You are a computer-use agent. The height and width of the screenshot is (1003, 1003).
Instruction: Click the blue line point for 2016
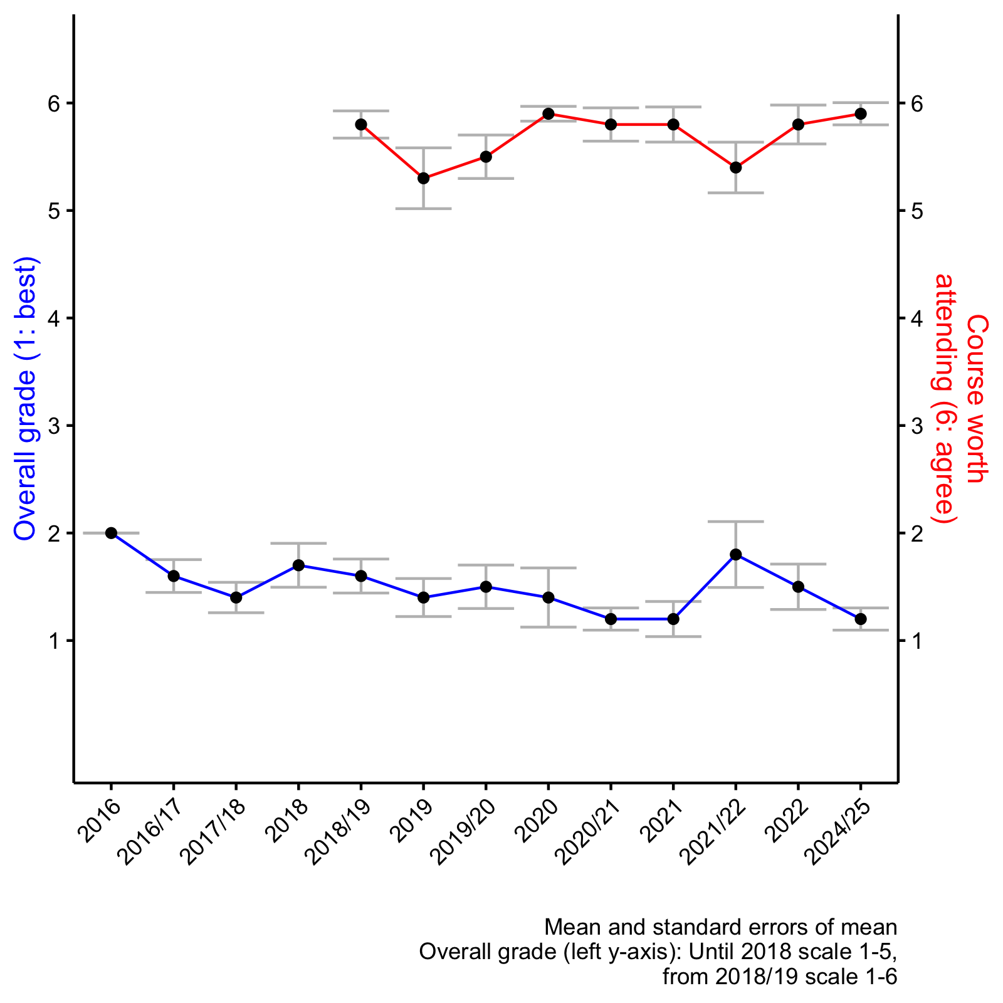[111, 533]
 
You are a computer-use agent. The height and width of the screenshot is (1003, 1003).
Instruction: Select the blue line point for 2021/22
[736, 554]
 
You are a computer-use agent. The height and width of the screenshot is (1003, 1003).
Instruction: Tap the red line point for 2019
[424, 178]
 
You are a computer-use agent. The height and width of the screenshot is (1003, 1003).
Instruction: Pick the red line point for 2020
[549, 113]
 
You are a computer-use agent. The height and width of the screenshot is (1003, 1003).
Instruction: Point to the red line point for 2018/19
[361, 124]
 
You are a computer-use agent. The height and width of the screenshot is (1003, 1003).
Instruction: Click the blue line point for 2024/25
[861, 619]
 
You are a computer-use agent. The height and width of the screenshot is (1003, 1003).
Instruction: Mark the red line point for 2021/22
[736, 167]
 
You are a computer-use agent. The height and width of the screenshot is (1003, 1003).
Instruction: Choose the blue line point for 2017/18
[236, 597]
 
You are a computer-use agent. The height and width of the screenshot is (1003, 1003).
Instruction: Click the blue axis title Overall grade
[26, 399]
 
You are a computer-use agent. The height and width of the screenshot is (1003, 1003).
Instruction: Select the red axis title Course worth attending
[959, 399]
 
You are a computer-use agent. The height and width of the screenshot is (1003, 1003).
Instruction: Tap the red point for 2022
[798, 124]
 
